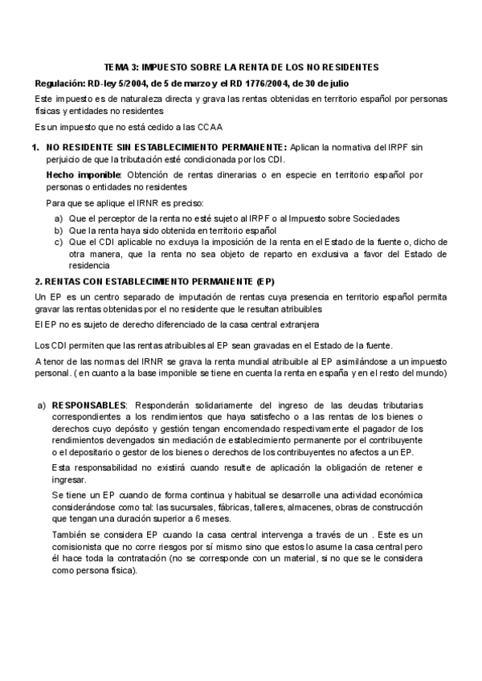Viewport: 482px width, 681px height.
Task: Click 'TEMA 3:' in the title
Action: (x=122, y=67)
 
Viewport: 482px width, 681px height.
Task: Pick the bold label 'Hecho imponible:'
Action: (x=84, y=174)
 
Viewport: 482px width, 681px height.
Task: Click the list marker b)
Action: (x=59, y=230)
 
